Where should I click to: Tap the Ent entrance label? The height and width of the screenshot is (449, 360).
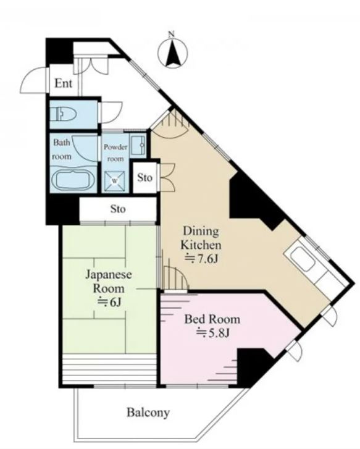click(x=64, y=83)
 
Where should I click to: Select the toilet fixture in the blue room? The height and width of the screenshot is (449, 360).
click(x=63, y=114)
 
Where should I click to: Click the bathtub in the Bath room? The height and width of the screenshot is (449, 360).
click(x=73, y=180)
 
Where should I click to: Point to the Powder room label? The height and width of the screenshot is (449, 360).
click(x=115, y=153)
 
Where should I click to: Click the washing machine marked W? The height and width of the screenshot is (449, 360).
click(x=115, y=181)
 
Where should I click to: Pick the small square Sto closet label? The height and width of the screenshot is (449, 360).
click(x=144, y=177)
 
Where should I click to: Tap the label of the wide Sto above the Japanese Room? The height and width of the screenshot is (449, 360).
click(x=118, y=209)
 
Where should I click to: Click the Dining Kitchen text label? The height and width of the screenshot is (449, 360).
click(x=201, y=238)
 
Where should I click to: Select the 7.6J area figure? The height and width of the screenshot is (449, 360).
click(x=202, y=259)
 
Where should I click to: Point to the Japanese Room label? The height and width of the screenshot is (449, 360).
click(x=109, y=281)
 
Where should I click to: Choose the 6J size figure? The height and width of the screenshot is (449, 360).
click(x=111, y=302)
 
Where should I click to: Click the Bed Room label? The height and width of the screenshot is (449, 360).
click(x=212, y=319)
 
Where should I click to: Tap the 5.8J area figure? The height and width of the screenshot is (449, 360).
click(x=213, y=333)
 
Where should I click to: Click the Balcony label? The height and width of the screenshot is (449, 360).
click(x=148, y=413)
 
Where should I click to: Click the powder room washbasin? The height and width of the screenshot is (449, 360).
click(x=138, y=146)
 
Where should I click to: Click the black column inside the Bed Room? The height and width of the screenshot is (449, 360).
click(x=252, y=366)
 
